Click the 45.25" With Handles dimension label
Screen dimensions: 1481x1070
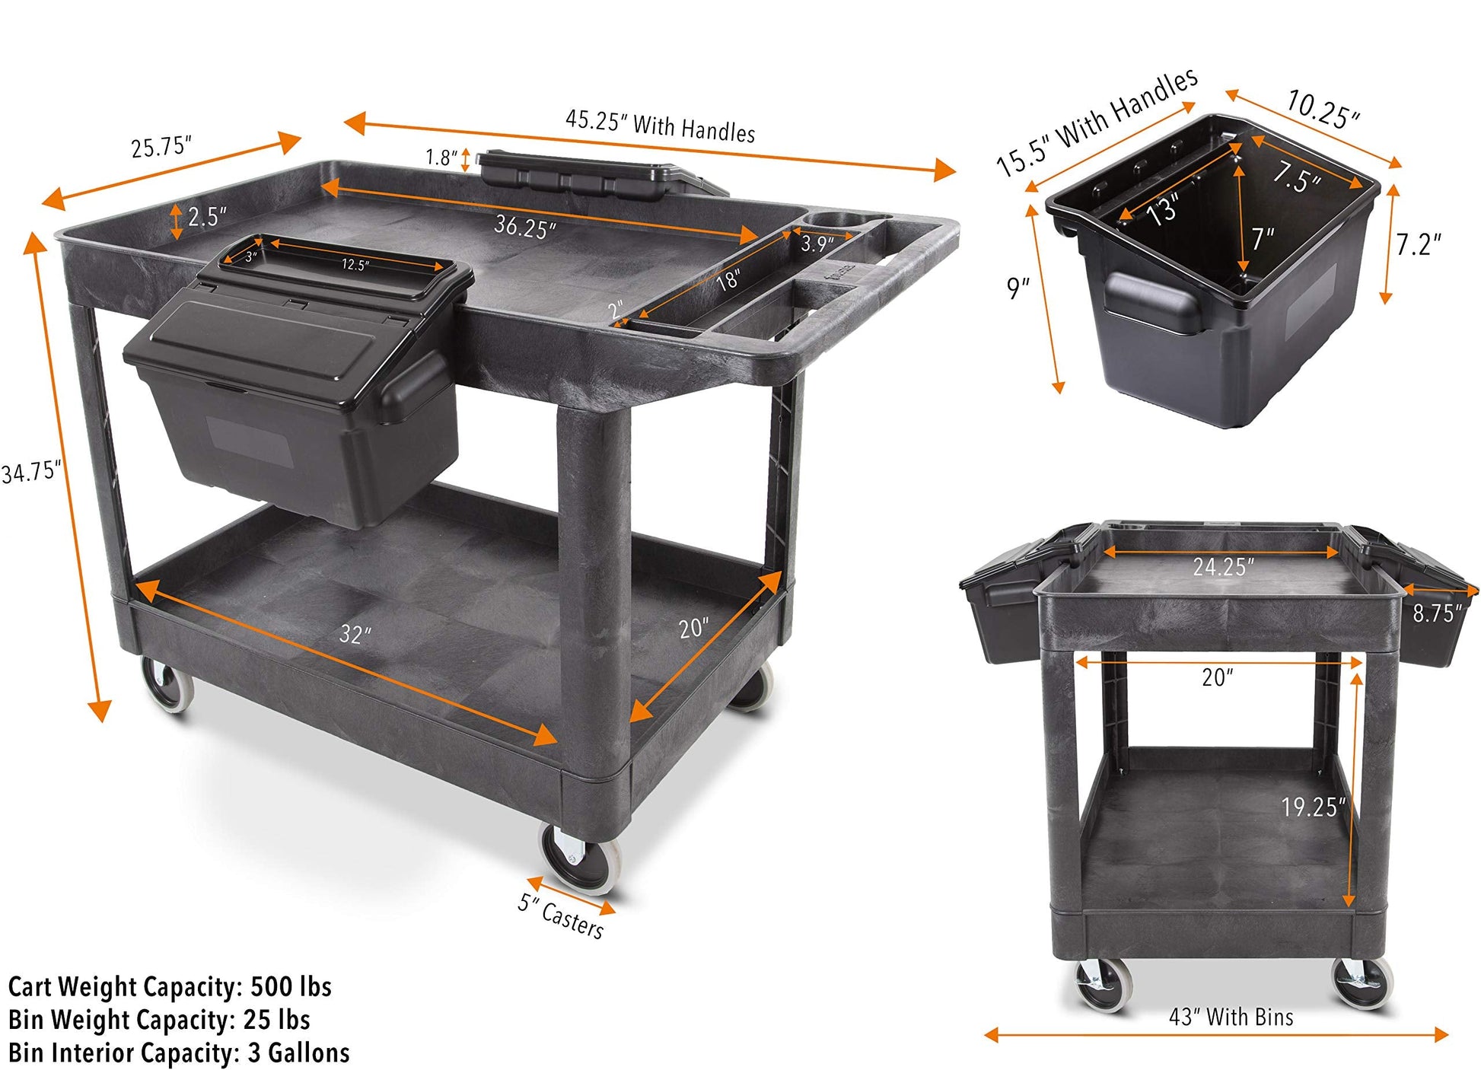pos(660,126)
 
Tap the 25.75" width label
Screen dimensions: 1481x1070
pos(161,146)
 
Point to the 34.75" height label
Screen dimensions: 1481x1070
pos(30,472)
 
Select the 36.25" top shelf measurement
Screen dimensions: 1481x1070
pos(525,226)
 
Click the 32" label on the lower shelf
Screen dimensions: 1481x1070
pos(355,633)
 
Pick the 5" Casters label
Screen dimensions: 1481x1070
pos(561,916)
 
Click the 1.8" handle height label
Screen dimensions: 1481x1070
pos(441,158)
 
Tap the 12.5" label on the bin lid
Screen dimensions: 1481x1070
pos(355,265)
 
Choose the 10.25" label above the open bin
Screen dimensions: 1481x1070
pos(1323,109)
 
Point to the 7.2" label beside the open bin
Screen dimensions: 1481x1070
pos(1418,244)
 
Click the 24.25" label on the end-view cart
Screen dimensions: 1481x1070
pos(1223,566)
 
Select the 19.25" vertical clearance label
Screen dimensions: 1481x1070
pos(1314,807)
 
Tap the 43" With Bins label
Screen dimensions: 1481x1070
pos(1231,1017)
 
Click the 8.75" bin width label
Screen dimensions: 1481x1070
pos(1438,613)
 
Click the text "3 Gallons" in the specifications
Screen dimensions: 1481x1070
pos(298,1052)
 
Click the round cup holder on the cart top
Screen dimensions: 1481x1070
pos(835,220)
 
